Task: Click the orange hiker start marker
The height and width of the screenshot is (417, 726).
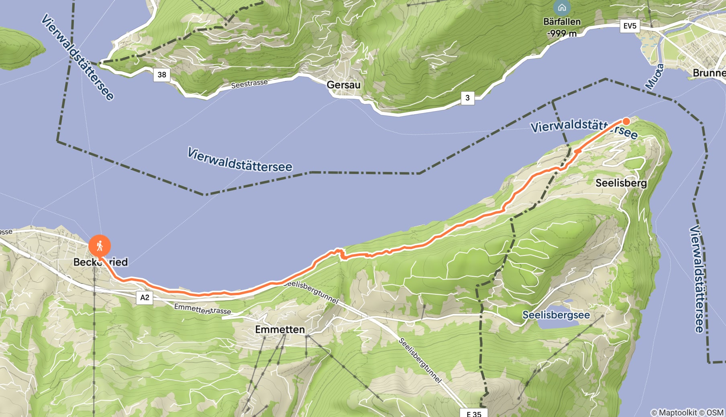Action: tap(100, 245)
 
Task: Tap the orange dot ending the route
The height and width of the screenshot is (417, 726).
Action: tap(626, 121)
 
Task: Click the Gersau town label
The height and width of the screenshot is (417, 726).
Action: tap(343, 85)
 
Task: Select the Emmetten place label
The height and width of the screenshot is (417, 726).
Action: tap(280, 330)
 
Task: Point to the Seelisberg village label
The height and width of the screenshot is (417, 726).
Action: tap(621, 183)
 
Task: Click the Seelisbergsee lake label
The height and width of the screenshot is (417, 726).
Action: tap(556, 315)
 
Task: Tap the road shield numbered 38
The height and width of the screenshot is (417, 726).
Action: tap(162, 75)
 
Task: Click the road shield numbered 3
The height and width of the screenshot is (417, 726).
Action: tap(467, 98)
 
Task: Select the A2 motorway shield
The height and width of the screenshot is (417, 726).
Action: tap(145, 298)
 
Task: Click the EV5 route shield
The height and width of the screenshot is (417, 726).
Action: tap(630, 26)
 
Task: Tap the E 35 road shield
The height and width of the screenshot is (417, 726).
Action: tap(474, 413)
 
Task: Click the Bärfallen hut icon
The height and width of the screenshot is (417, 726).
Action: tap(562, 7)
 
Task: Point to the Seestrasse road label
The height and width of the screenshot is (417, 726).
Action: tap(249, 84)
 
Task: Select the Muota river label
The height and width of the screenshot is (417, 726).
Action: tap(654, 77)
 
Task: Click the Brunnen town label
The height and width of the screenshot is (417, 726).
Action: tap(709, 73)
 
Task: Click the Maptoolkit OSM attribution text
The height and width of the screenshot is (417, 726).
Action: tap(687, 412)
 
